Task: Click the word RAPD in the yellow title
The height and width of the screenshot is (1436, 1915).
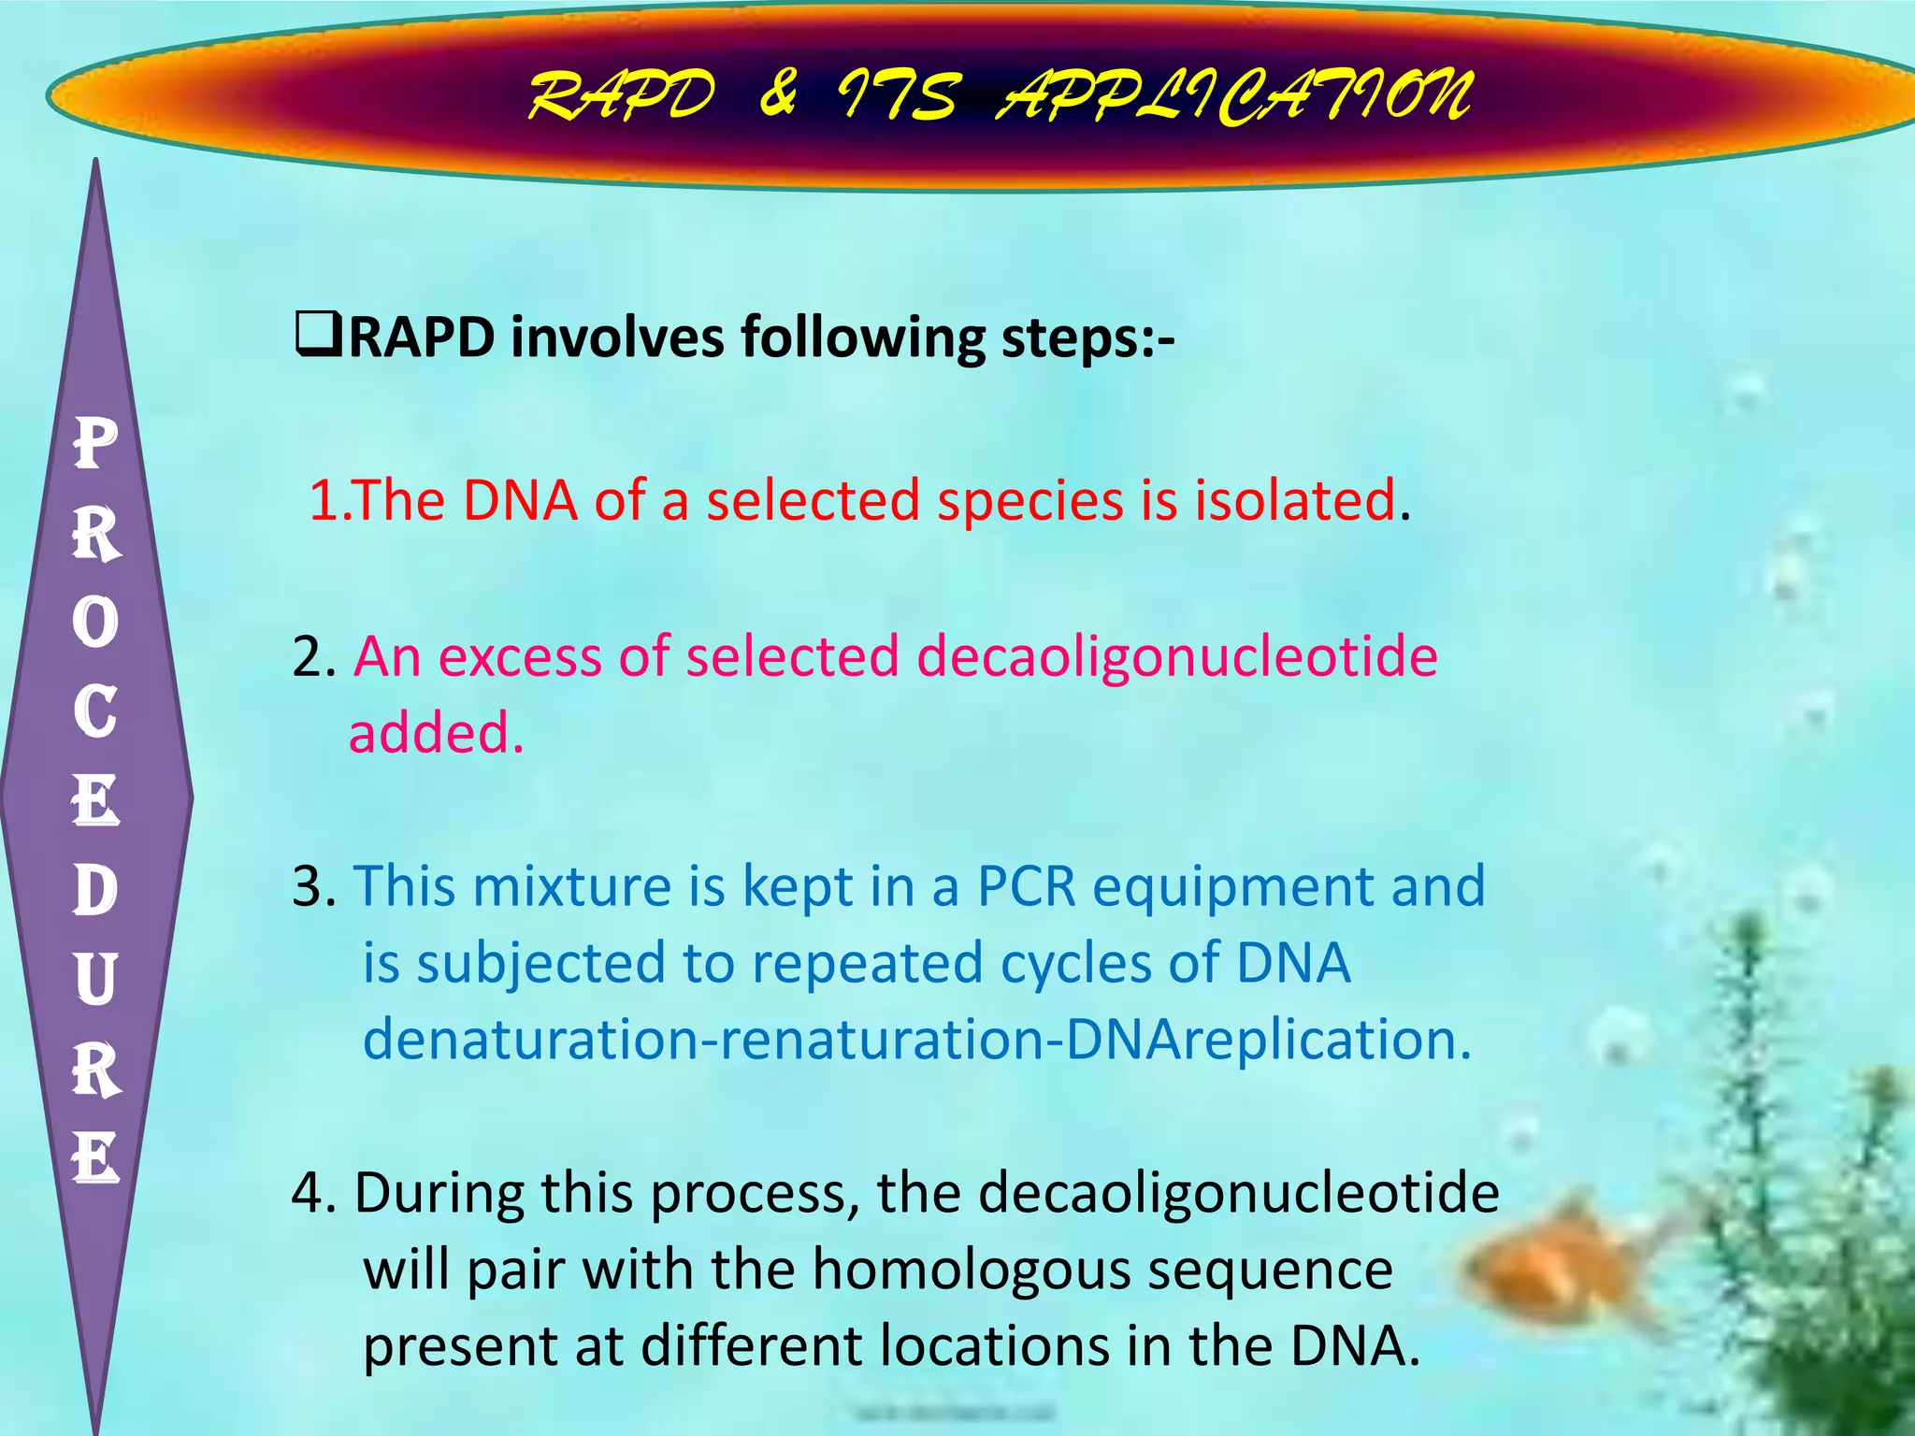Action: click(x=622, y=96)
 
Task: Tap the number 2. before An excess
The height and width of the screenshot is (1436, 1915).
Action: click(x=313, y=657)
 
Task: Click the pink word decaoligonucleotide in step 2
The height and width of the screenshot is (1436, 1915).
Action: click(x=1176, y=657)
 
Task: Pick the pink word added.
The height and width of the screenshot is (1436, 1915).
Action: click(x=436, y=733)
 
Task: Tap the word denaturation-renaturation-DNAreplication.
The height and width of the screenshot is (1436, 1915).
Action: click(x=916, y=1040)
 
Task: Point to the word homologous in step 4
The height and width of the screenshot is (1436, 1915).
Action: click(x=971, y=1271)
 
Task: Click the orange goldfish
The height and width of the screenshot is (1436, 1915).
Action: click(x=1552, y=1267)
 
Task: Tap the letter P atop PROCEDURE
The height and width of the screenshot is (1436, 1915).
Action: click(x=95, y=444)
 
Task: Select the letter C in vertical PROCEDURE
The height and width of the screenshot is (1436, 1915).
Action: click(x=95, y=712)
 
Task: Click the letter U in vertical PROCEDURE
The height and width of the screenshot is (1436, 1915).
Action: click(x=95, y=980)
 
